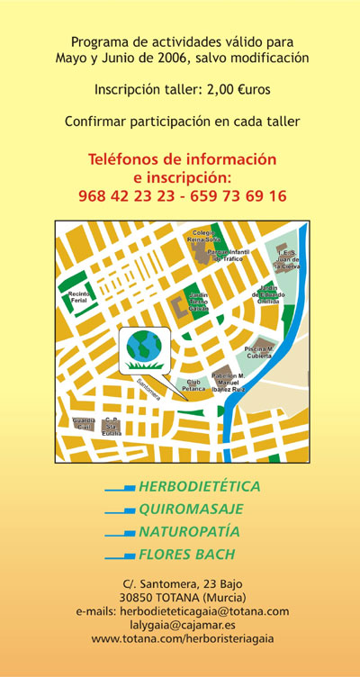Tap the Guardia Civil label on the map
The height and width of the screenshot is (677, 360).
click(83, 422)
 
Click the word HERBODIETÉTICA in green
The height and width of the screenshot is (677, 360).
click(199, 487)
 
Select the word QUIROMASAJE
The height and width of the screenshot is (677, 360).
click(188, 509)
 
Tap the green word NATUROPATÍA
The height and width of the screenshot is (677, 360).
click(190, 531)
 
